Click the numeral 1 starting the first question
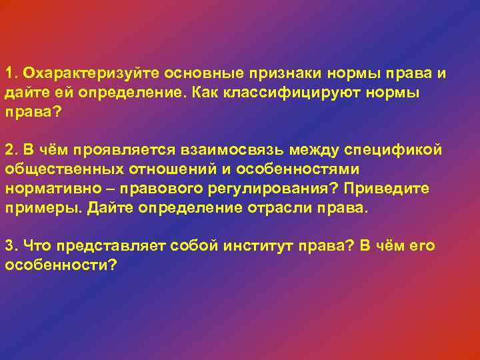pyautogui.click(x=9, y=73)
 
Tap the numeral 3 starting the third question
pyautogui.click(x=9, y=246)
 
